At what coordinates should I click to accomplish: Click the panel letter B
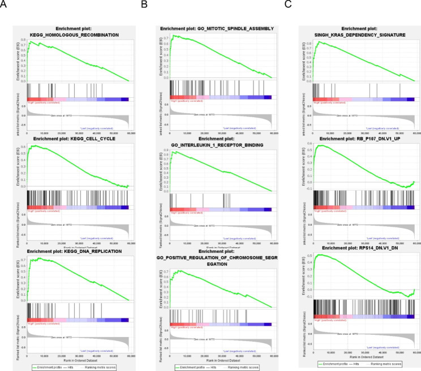coord(144,5)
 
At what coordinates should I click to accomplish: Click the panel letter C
coord(288,5)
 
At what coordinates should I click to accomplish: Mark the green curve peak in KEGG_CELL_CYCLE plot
coord(35,146)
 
